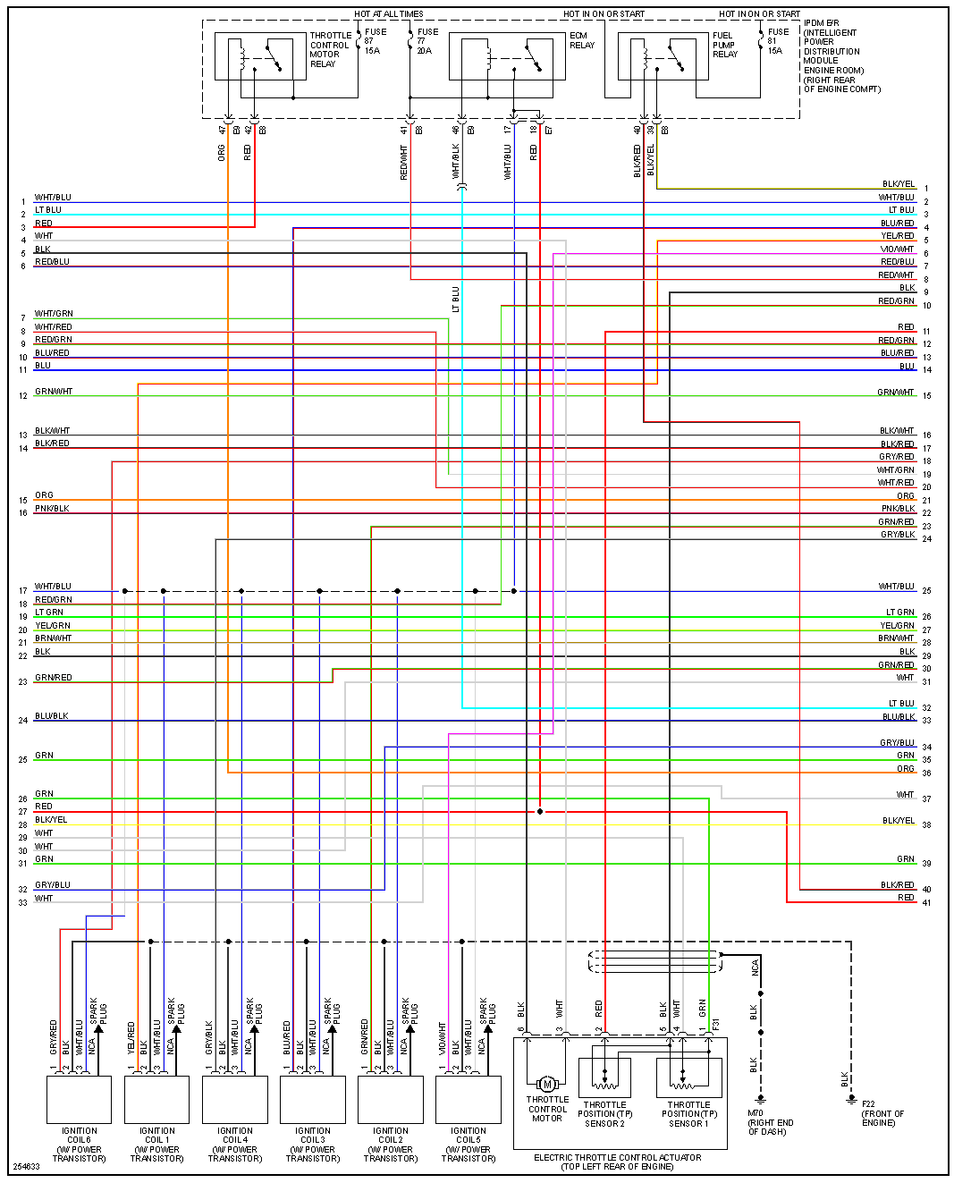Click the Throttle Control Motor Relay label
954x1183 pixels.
pyautogui.click(x=330, y=50)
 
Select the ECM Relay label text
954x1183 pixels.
pyautogui.click(x=581, y=40)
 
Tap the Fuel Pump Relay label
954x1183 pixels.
pyautogui.click(x=725, y=45)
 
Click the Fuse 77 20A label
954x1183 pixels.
pyautogui.click(x=427, y=41)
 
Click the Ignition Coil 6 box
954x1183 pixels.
pyautogui.click(x=79, y=1099)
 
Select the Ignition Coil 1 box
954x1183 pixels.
pyautogui.click(x=156, y=1099)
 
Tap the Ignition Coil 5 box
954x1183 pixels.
pyautogui.click(x=468, y=1099)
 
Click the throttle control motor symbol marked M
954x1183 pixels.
pyautogui.click(x=547, y=1084)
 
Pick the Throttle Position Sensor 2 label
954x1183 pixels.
pyautogui.click(x=604, y=1114)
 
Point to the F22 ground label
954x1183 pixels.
pyautogui.click(x=882, y=1113)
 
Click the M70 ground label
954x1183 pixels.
pyautogui.click(x=770, y=1122)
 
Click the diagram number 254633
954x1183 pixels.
pyautogui.click(x=26, y=1167)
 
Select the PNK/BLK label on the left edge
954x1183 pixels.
pyautogui.click(x=52, y=509)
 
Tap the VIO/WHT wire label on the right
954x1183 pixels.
pyautogui.click(x=897, y=249)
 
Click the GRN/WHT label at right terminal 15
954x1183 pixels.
pyautogui.click(x=895, y=392)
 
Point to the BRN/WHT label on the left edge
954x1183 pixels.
pyautogui.click(x=53, y=638)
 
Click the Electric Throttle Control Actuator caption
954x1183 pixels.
pyautogui.click(x=617, y=1162)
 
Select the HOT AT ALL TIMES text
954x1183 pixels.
pyautogui.click(x=388, y=14)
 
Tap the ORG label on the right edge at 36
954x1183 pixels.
pyautogui.click(x=905, y=769)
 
